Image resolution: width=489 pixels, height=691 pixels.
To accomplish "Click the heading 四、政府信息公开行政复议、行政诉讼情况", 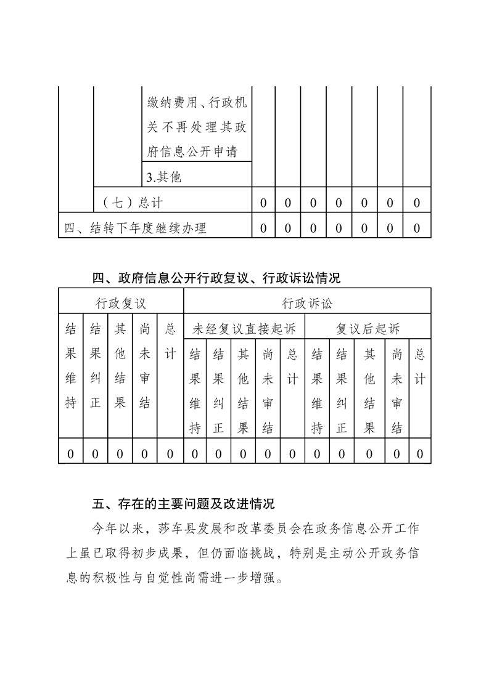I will (216, 278).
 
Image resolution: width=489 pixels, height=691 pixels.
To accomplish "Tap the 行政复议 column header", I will (121, 303).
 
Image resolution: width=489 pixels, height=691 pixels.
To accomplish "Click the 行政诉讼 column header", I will (307, 303).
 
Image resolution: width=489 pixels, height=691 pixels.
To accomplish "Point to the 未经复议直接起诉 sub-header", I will (244, 329).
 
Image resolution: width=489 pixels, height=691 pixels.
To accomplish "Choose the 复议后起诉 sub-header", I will (368, 329).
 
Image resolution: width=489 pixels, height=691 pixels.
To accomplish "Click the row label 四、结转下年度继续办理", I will (136, 228).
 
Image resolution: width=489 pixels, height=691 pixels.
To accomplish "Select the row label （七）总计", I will (133, 203).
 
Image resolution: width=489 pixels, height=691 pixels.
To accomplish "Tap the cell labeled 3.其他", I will (164, 177).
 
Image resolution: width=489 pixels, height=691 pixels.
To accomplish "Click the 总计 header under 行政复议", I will (170, 342).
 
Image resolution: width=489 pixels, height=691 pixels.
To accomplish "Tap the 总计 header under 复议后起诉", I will (419, 366).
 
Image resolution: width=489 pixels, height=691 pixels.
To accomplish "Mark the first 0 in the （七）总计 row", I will (263, 203).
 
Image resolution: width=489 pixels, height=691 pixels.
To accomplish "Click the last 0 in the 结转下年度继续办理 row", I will (417, 228).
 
